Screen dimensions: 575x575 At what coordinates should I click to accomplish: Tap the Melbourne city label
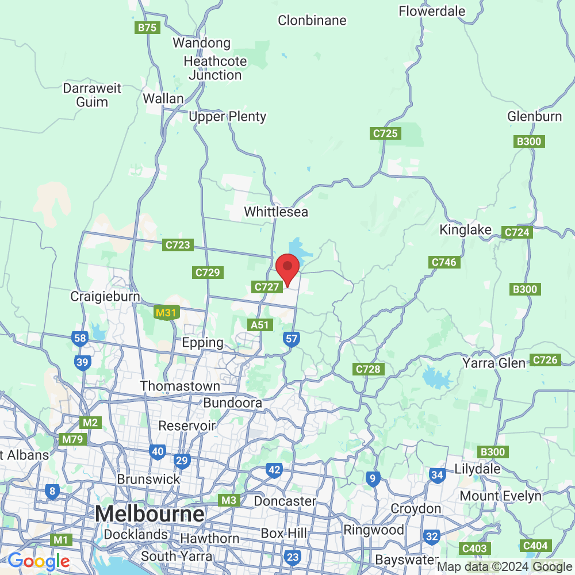point(151,513)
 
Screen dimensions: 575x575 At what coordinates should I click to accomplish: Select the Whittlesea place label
point(276,212)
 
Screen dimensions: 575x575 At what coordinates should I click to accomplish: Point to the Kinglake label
point(466,230)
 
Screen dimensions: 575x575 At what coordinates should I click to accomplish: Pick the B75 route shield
point(148,28)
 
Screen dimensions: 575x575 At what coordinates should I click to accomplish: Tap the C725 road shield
point(385,133)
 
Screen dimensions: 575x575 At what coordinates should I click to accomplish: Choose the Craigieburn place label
point(105,297)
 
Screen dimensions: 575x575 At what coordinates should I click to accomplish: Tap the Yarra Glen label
point(494,363)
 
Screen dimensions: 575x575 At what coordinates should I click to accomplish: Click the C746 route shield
point(444,262)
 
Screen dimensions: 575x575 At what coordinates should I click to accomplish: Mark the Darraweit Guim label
point(93,95)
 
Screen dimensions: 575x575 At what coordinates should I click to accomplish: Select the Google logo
point(39,561)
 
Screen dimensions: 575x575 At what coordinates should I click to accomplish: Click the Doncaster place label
point(285,501)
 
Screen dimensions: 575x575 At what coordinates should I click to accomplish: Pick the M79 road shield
point(73,440)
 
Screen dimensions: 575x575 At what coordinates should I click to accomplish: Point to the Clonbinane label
point(312,21)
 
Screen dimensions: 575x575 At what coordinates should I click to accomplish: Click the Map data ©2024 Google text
point(505,567)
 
